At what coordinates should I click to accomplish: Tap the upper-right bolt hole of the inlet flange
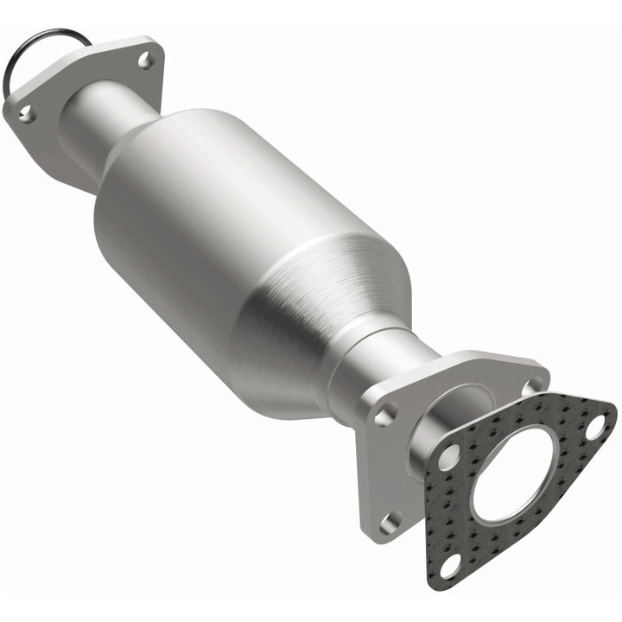pos(144,60)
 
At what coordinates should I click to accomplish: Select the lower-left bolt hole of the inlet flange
pos(27,112)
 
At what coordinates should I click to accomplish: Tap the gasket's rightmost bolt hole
pos(596,425)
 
